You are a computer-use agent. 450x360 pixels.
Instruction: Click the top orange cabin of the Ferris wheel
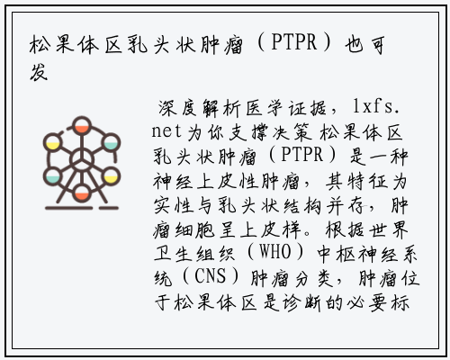(x=82, y=126)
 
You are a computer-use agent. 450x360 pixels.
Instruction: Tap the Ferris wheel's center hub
(x=82, y=159)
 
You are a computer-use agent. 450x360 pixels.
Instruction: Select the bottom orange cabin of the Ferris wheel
(x=82, y=193)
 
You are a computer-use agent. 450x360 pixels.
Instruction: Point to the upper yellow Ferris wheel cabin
(x=52, y=142)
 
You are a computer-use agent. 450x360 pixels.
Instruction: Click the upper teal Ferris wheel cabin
(x=111, y=142)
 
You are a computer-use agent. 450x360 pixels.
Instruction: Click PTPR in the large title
(x=294, y=42)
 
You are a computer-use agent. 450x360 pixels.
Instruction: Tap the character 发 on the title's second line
(x=39, y=72)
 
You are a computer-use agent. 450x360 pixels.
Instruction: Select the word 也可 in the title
(x=364, y=44)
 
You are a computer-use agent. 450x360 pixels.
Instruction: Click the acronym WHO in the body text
(x=275, y=251)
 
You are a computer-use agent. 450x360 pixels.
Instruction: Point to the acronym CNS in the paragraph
(x=210, y=276)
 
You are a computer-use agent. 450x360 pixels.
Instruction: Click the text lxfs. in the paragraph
(x=376, y=106)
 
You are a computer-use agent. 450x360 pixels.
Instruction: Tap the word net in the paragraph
(x=166, y=131)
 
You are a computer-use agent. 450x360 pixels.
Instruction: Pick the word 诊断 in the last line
(x=302, y=302)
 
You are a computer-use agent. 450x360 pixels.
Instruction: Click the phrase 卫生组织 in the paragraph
(x=194, y=255)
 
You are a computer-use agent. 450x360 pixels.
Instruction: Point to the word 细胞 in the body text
(x=194, y=229)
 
